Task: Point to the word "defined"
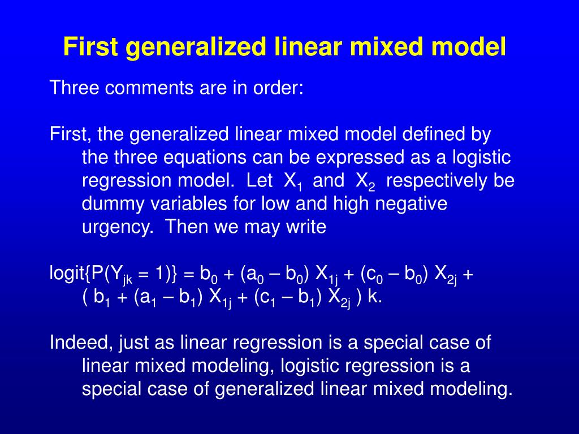point(427,134)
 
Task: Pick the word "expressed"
point(378,158)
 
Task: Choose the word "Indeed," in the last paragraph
point(80,343)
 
